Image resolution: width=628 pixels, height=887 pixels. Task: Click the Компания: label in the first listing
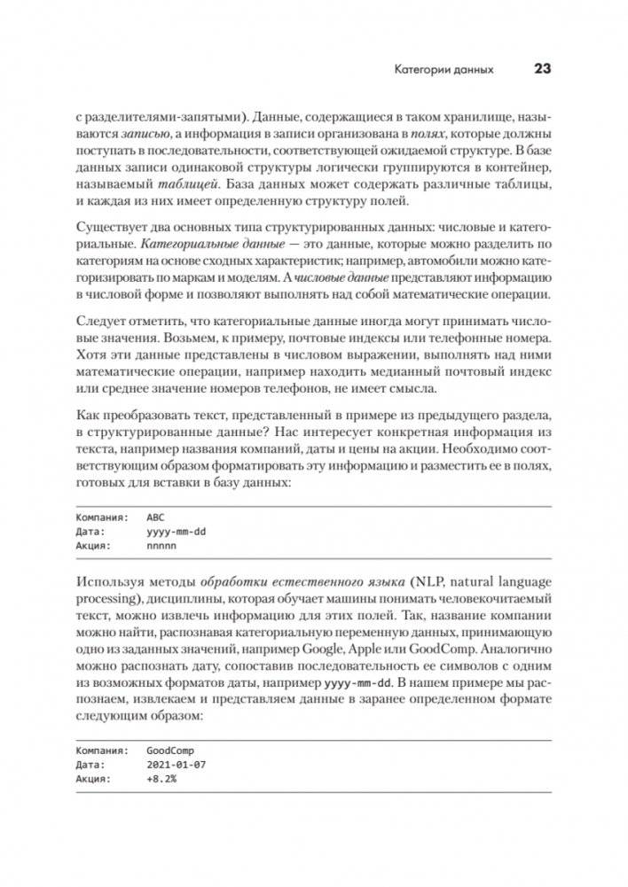(x=102, y=516)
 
